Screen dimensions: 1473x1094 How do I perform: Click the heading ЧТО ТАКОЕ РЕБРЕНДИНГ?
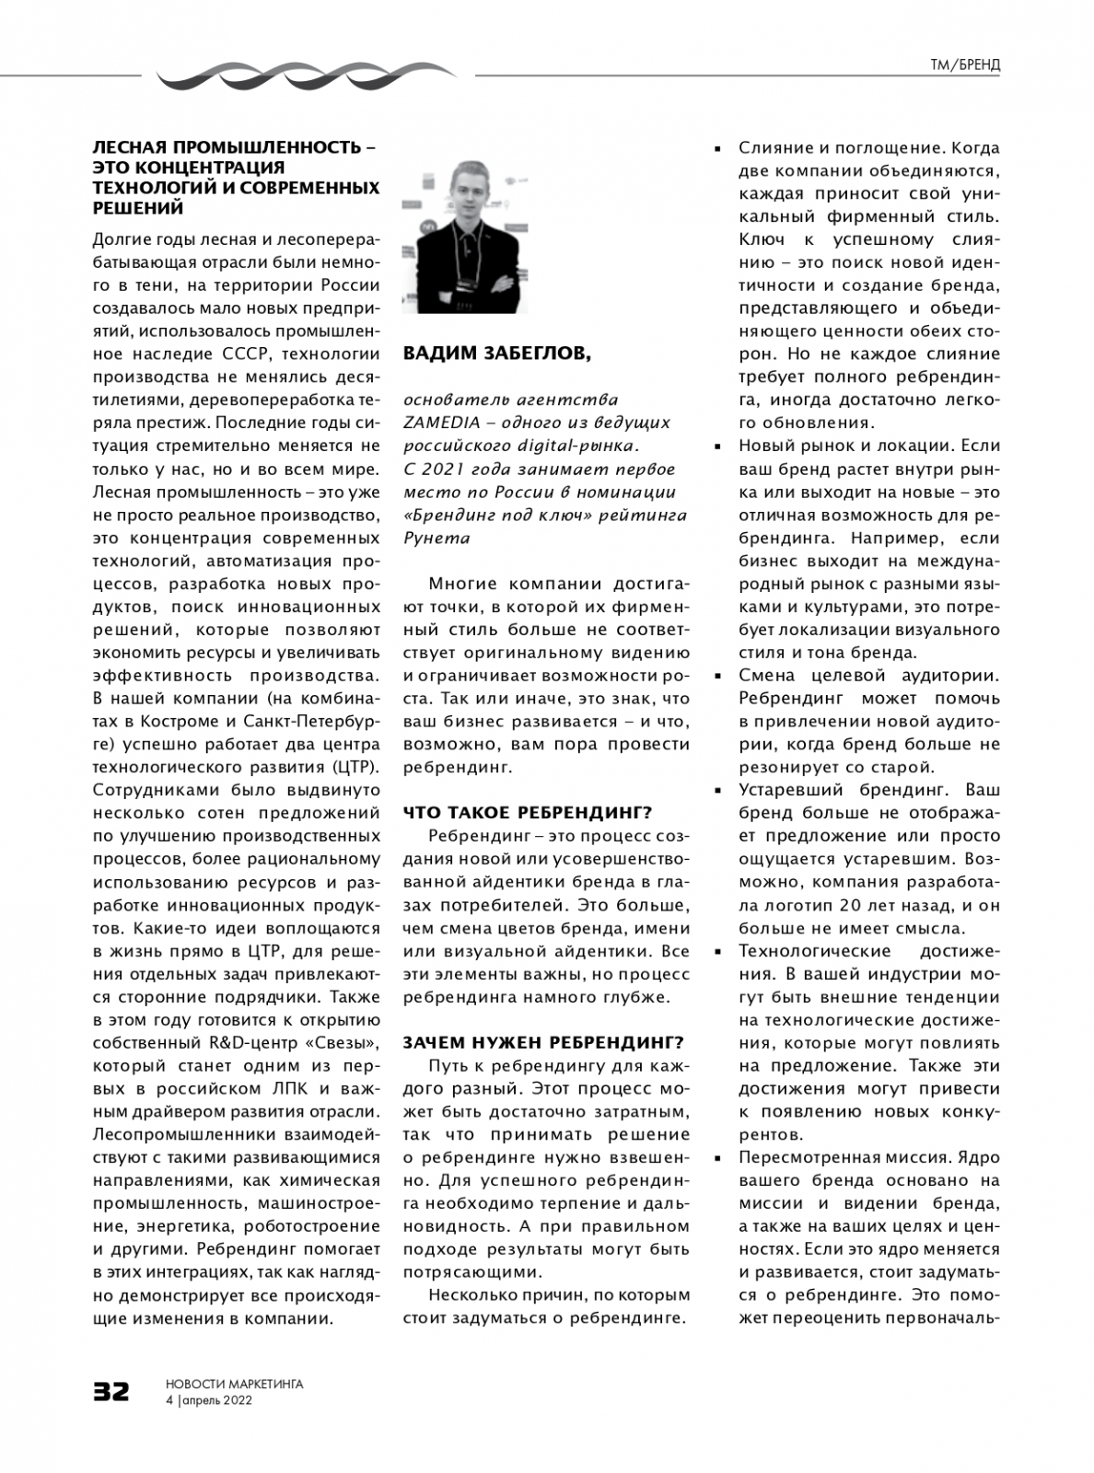[x=528, y=812]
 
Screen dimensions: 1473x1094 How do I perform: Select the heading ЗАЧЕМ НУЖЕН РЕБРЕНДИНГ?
[x=543, y=1042]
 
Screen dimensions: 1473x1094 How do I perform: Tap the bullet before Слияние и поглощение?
[x=718, y=147]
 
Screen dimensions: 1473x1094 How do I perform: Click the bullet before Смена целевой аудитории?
[x=718, y=676]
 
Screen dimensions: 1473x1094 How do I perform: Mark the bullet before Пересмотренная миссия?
[x=718, y=1157]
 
